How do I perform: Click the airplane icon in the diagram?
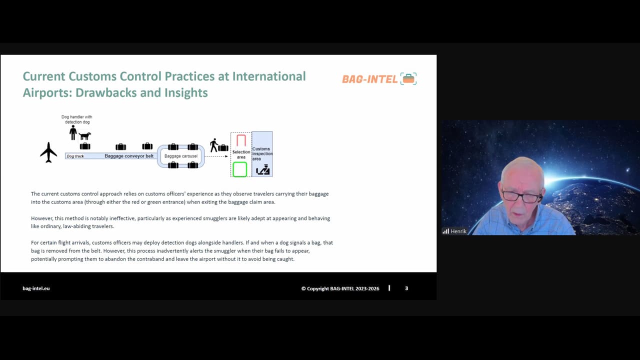coord(48,152)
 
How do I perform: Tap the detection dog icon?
coord(85,135)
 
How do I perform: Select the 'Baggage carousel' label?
coord(181,156)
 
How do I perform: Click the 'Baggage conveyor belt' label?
coord(129,156)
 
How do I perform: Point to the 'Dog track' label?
coord(75,156)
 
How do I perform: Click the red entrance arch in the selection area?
coord(241,140)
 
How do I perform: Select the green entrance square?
coord(240,169)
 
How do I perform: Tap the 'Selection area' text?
coord(241,154)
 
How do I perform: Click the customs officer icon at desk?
coord(263,170)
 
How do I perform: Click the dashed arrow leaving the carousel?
coord(217,156)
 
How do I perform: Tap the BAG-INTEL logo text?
coord(370,79)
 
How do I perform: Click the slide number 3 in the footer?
coord(406,288)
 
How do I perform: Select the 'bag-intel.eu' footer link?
coord(36,288)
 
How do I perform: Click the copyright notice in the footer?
coord(340,288)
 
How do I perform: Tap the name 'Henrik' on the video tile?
coord(458,231)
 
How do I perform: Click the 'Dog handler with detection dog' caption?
coord(77,119)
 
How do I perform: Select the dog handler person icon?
coord(73,133)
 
